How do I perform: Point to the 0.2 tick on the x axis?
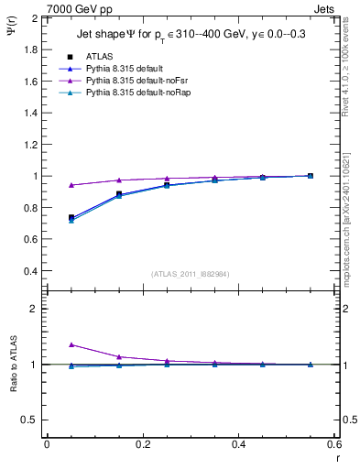tap(142, 444)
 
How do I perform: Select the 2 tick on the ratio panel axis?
tap(34, 309)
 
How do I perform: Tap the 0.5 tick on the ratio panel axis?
tap(29, 420)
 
